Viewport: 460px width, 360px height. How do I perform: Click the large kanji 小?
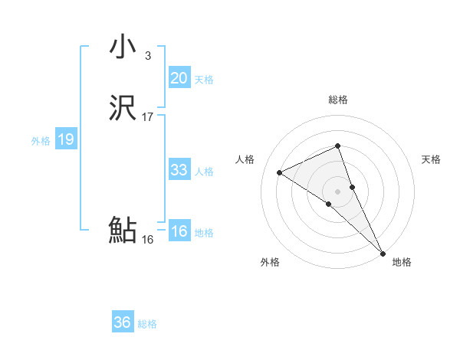[x=123, y=47]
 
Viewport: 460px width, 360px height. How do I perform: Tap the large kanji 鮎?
[x=123, y=230]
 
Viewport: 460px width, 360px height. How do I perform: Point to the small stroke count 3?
[x=147, y=56]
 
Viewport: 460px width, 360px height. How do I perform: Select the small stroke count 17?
[x=148, y=117]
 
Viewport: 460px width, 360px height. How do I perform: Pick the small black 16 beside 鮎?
[x=148, y=239]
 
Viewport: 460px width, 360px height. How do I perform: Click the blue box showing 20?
[x=179, y=78]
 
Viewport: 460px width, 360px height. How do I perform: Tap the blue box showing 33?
[x=179, y=170]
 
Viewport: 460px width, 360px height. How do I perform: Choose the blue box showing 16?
[x=179, y=231]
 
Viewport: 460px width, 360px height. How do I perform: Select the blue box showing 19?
[x=65, y=139]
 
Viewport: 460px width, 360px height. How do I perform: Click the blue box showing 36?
[x=122, y=322]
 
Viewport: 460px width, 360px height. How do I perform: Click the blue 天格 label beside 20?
[x=204, y=80]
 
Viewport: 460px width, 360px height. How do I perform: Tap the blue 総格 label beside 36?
[x=147, y=324]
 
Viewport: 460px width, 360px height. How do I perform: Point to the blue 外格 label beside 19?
[x=41, y=141]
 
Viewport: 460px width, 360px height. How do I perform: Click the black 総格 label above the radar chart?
[x=338, y=100]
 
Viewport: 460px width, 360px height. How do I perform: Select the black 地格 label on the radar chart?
[x=402, y=262]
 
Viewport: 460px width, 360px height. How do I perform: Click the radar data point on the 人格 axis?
[x=280, y=172]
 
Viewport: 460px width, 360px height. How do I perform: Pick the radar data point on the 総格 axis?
[x=338, y=146]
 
